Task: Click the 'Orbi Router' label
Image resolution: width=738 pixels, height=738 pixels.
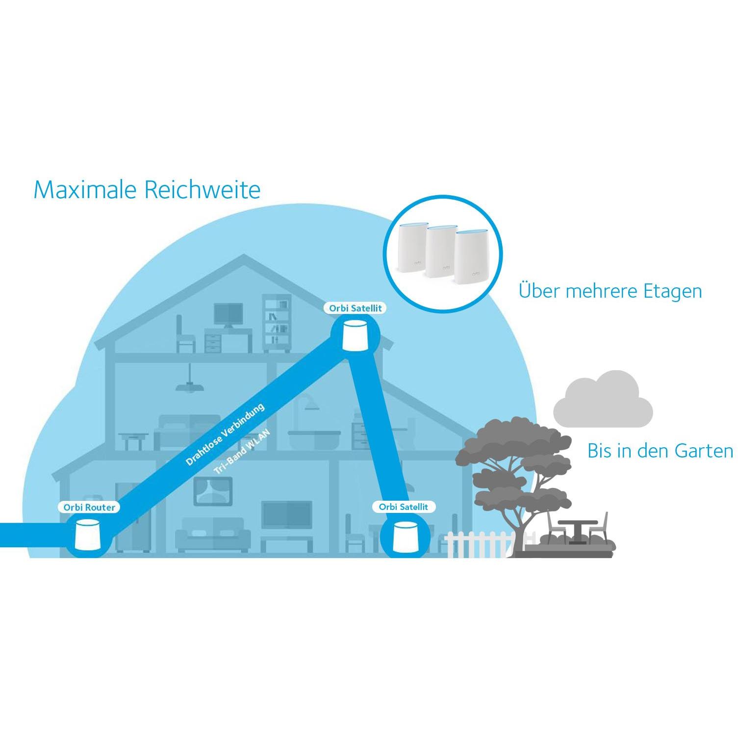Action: click(89, 507)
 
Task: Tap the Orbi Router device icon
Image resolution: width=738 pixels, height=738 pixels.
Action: click(87, 535)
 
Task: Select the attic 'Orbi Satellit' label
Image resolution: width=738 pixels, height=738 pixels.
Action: click(355, 308)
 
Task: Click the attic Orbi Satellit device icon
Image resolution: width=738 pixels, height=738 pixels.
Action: click(355, 335)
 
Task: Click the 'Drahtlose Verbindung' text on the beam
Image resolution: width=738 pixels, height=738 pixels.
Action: click(225, 434)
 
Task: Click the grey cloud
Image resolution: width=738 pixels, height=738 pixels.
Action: click(603, 400)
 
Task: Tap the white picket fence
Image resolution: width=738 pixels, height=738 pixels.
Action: click(478, 544)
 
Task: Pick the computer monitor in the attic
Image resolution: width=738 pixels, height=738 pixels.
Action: click(229, 314)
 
